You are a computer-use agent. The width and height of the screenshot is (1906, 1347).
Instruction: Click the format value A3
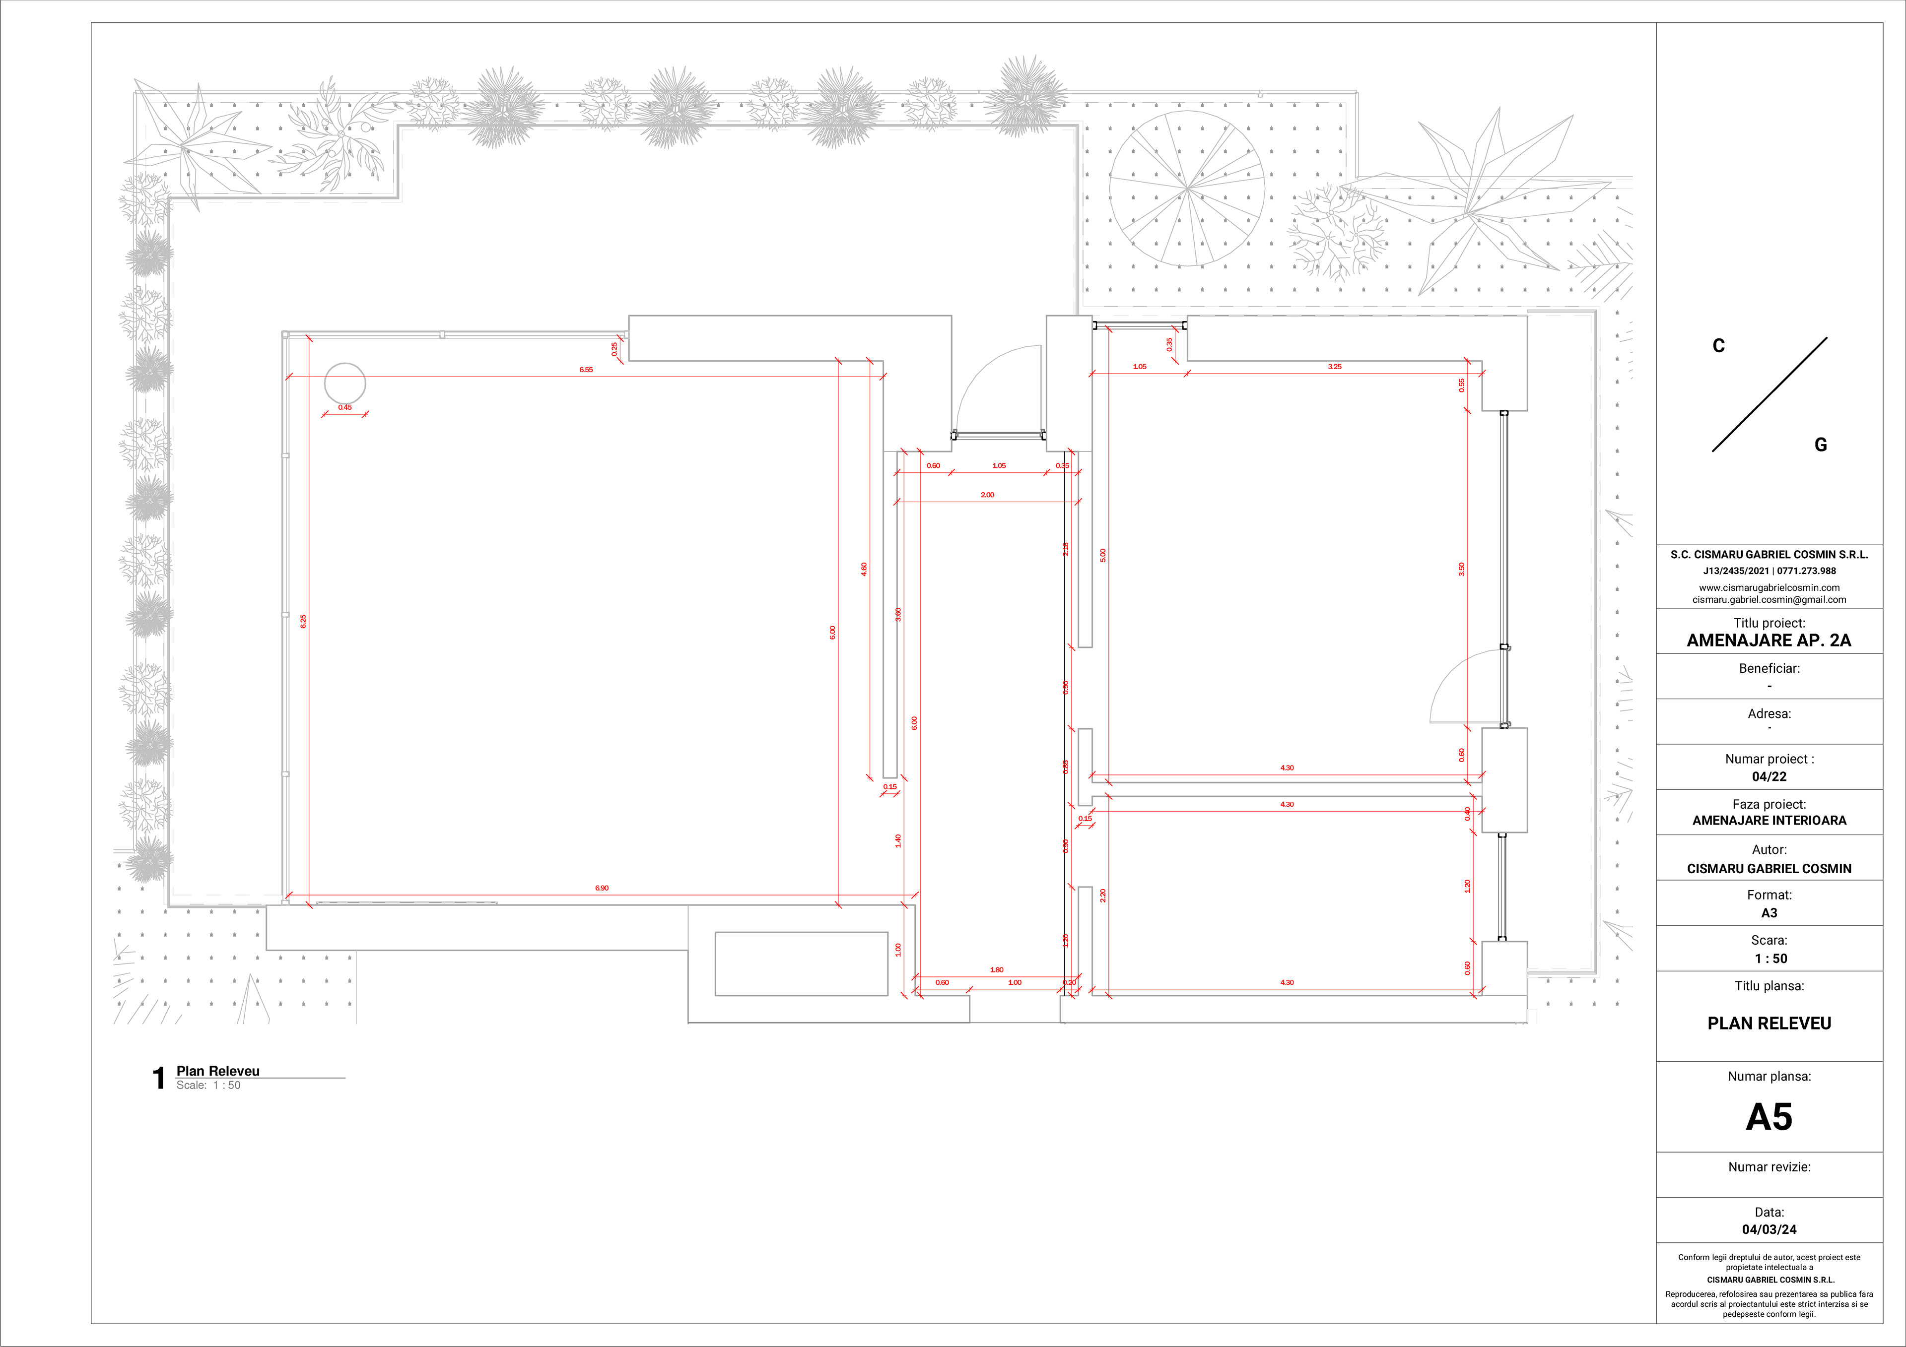coord(1769,913)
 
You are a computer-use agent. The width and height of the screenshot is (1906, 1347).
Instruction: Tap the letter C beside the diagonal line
coord(1718,346)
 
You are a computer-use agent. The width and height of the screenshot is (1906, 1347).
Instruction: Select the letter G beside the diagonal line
coord(1820,445)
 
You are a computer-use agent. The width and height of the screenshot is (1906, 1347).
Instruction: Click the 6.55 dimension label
coord(586,369)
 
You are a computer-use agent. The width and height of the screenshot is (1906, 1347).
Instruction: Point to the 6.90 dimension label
coord(602,888)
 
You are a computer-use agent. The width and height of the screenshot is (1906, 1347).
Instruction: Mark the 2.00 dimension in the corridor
coord(987,495)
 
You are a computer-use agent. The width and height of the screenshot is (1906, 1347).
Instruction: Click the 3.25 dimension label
coord(1334,366)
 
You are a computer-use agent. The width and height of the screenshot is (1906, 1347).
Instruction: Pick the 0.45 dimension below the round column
coord(344,407)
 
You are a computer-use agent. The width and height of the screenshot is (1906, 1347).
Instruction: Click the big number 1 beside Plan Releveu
coord(158,1078)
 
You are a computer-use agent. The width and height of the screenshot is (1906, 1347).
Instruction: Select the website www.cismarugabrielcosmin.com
coord(1769,587)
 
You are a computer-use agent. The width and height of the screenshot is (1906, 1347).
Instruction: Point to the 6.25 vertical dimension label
coord(303,621)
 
